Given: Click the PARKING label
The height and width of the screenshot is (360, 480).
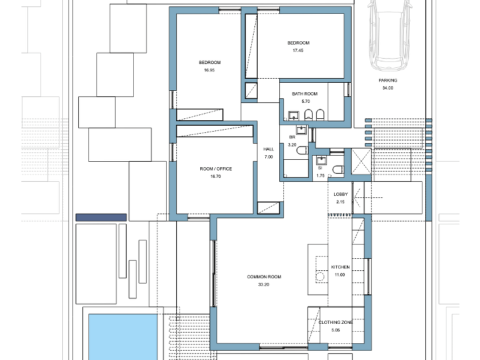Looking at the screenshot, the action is [388, 80].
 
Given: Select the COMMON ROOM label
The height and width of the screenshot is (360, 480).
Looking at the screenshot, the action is [264, 276].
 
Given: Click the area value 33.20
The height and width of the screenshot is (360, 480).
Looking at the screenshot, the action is [263, 284].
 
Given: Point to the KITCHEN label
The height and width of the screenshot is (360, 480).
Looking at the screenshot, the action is [340, 267].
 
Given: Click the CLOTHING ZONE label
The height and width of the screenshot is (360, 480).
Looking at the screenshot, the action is [335, 322].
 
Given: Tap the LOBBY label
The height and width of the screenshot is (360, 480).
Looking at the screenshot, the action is [340, 194].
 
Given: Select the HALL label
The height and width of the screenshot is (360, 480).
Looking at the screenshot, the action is [268, 149].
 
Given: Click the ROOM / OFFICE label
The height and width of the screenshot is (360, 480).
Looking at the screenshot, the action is [216, 168].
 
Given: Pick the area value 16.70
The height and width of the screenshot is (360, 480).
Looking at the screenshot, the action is [215, 176].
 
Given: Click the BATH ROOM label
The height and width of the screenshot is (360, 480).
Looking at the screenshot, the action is [304, 93].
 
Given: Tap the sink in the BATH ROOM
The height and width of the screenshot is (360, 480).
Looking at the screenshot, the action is [293, 116].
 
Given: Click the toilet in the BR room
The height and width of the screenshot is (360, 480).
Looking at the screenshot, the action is [302, 150].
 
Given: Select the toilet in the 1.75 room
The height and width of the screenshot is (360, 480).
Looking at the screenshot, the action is [338, 169].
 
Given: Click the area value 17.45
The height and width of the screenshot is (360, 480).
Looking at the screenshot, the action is [298, 50].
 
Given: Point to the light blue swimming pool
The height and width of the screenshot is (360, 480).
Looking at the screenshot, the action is [123, 336].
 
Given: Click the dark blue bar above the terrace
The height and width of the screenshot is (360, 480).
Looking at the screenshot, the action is [101, 217].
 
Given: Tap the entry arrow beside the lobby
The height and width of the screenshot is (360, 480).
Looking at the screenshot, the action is [367, 198].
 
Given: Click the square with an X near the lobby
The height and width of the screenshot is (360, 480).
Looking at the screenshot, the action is [361, 161].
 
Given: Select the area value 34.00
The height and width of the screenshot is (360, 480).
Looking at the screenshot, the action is [387, 88].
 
